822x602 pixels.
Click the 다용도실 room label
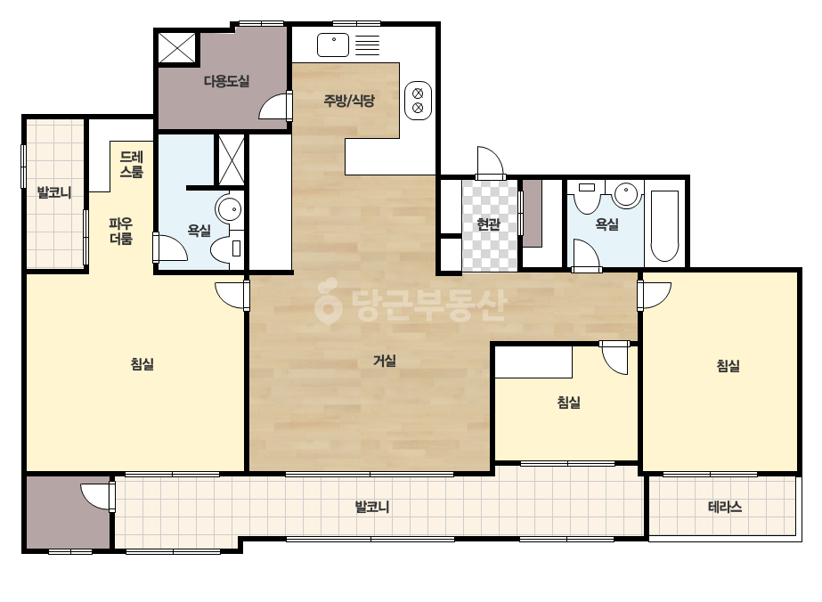(226, 81)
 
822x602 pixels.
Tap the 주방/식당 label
(349, 100)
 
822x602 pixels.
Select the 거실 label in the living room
(384, 361)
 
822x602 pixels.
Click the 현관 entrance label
(489, 224)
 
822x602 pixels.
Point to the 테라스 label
(725, 507)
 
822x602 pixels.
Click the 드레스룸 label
(131, 164)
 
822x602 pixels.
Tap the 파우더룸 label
(120, 232)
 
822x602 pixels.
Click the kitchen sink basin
(333, 45)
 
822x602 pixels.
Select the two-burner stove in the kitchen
(418, 101)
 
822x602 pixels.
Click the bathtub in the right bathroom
(664, 225)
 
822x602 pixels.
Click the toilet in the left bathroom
(227, 248)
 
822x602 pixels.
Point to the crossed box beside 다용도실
(177, 48)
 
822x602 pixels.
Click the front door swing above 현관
(490, 163)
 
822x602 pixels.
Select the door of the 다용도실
(274, 105)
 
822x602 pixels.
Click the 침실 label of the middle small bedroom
(569, 403)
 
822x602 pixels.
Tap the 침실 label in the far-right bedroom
(728, 365)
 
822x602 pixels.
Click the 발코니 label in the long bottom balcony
(372, 507)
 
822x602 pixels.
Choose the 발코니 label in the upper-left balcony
(54, 192)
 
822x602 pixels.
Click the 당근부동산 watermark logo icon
(328, 302)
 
